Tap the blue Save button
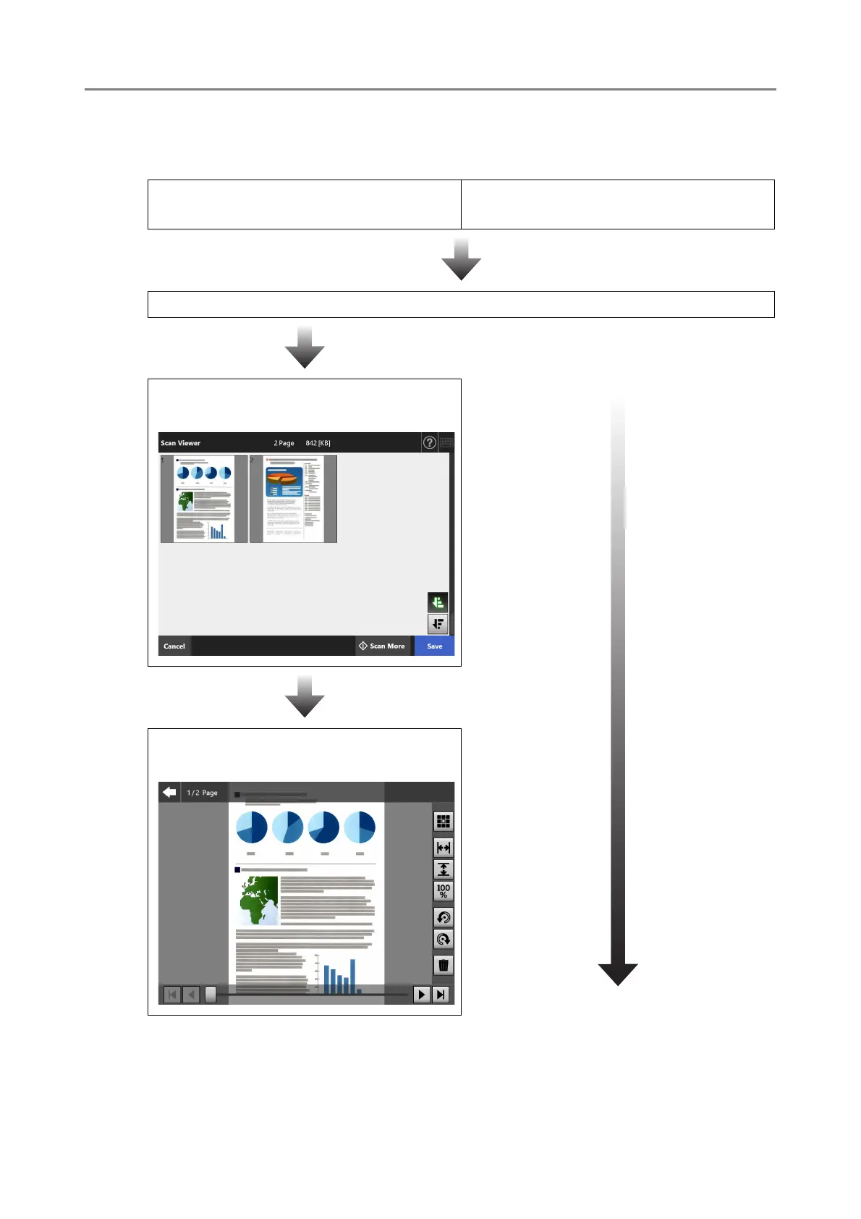(x=434, y=646)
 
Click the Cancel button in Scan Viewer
(x=174, y=646)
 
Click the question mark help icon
(x=430, y=442)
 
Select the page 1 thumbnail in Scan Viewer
(x=204, y=499)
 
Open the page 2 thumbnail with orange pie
(x=293, y=499)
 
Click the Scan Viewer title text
(x=181, y=443)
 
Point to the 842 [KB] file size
(x=318, y=443)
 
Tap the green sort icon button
(x=438, y=602)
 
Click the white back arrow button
(x=170, y=792)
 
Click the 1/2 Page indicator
(x=202, y=793)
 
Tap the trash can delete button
(x=444, y=965)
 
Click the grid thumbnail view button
(x=444, y=822)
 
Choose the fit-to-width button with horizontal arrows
(x=444, y=847)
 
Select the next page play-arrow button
(x=421, y=995)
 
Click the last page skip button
(x=440, y=995)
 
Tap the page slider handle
(x=211, y=995)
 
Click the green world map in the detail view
(x=259, y=900)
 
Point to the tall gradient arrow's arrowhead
(x=618, y=974)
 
